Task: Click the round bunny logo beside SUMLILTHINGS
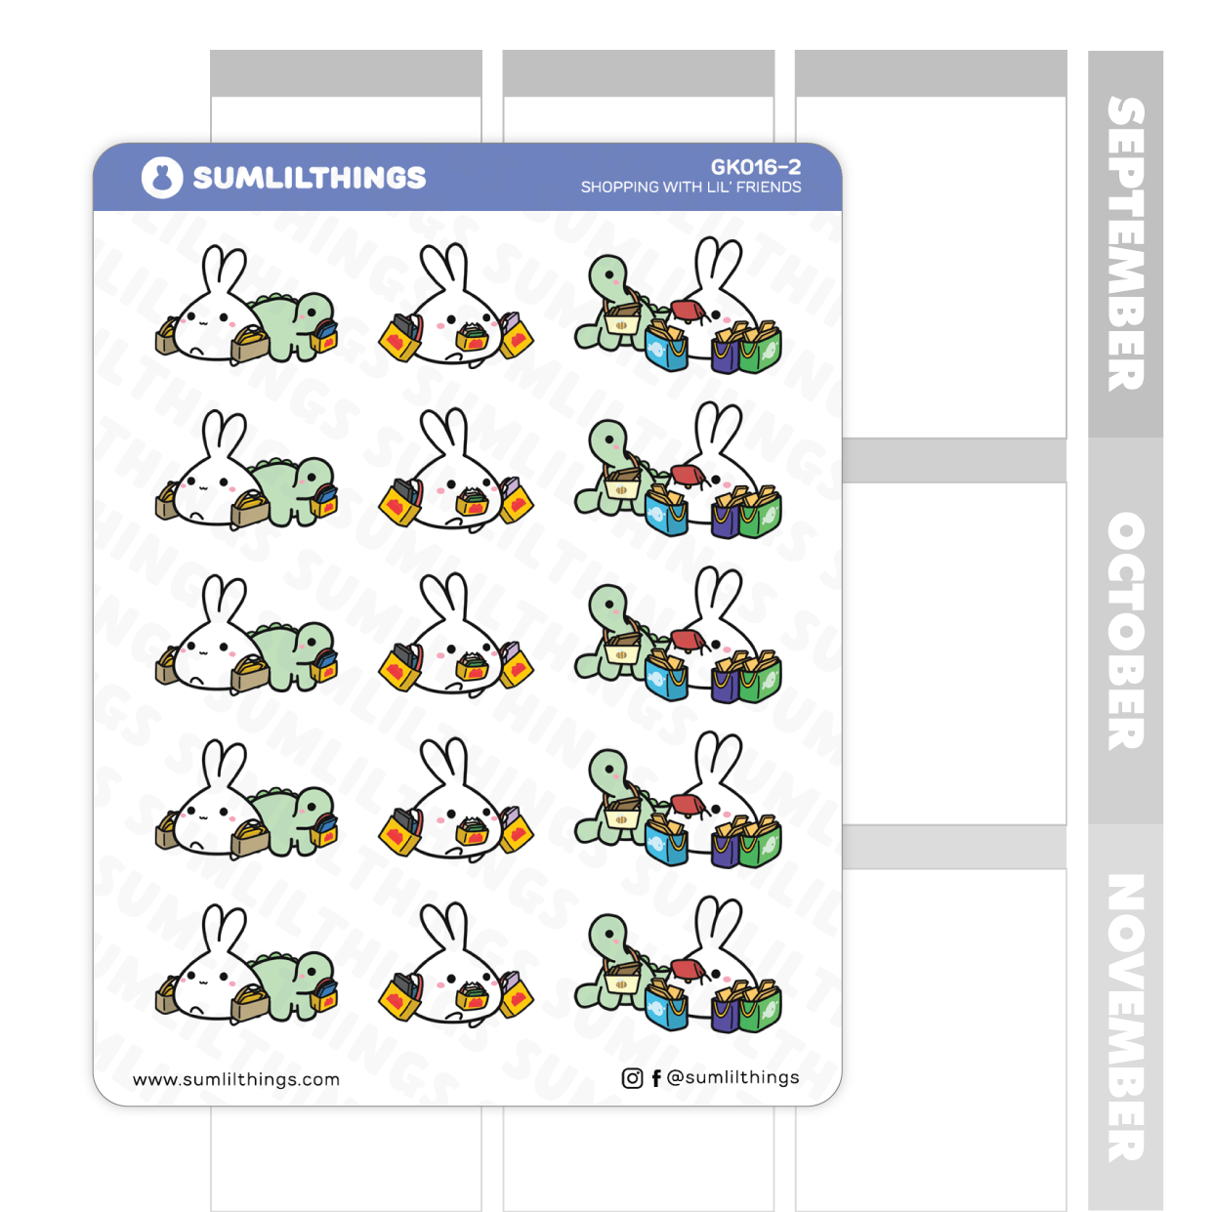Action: click(162, 178)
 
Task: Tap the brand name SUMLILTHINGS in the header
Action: click(309, 178)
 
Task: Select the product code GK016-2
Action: click(755, 167)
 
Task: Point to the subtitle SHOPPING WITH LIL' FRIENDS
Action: click(690, 188)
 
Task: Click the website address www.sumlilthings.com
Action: click(236, 1079)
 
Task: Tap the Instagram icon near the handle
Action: click(632, 1078)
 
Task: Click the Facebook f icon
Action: click(656, 1078)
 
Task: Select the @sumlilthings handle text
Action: click(732, 1077)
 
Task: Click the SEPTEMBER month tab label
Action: click(1125, 244)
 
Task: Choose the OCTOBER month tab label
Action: click(1125, 631)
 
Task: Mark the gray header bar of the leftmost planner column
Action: click(346, 73)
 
